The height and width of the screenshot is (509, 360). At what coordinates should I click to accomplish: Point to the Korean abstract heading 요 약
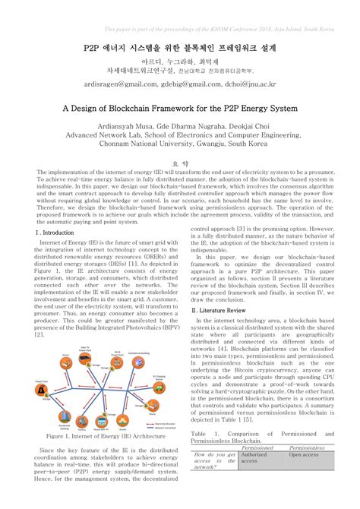point(180,163)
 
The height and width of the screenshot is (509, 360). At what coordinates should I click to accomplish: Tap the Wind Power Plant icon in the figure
point(118,377)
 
